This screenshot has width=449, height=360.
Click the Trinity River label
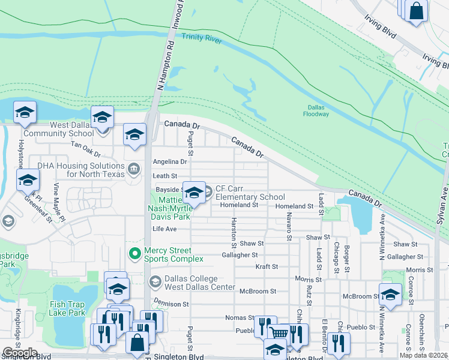(x=202, y=38)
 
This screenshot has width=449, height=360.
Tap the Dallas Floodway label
(x=315, y=110)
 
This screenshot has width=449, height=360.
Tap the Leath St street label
(x=164, y=176)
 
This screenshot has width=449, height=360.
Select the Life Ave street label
(x=164, y=229)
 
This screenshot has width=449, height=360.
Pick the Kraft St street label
(x=267, y=266)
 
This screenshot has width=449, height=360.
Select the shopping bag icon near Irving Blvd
(x=415, y=11)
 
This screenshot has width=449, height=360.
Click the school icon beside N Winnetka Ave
(x=390, y=295)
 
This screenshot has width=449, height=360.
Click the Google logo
(x=20, y=353)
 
